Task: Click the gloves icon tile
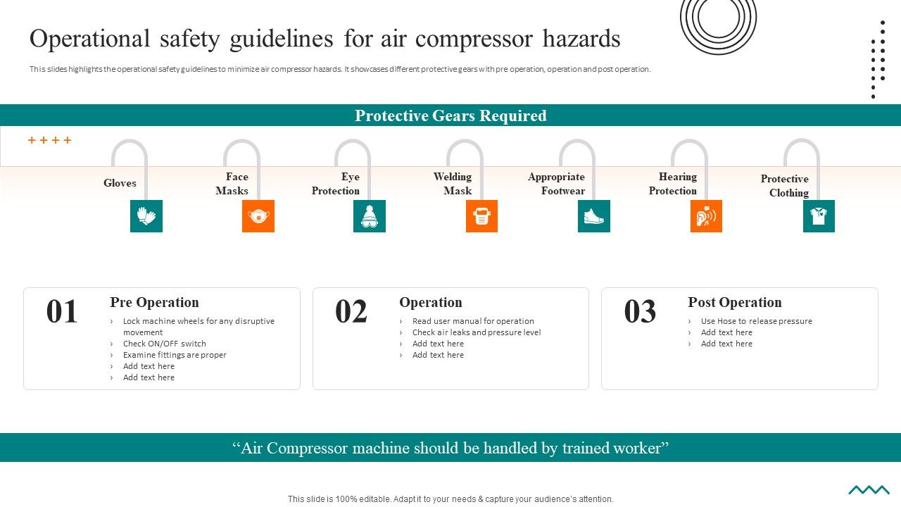pos(146,216)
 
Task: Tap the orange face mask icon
pos(258,216)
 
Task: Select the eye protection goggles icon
pos(370,216)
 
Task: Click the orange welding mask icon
pos(481,216)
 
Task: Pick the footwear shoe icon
pos(594,216)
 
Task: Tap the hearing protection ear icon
pos(706,216)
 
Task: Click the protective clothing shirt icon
pos(819,216)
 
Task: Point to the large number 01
pos(62,311)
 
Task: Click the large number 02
pos(351,311)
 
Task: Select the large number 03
pos(640,311)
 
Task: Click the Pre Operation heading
pos(154,302)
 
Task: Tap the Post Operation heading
pos(734,302)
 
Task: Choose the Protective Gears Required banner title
pos(450,115)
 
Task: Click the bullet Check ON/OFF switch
pos(164,344)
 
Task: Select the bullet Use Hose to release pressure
pos(756,321)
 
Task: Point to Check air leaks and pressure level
pos(477,332)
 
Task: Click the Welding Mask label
pos(453,184)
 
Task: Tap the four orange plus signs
pos(49,140)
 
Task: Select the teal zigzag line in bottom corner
pos(869,490)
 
